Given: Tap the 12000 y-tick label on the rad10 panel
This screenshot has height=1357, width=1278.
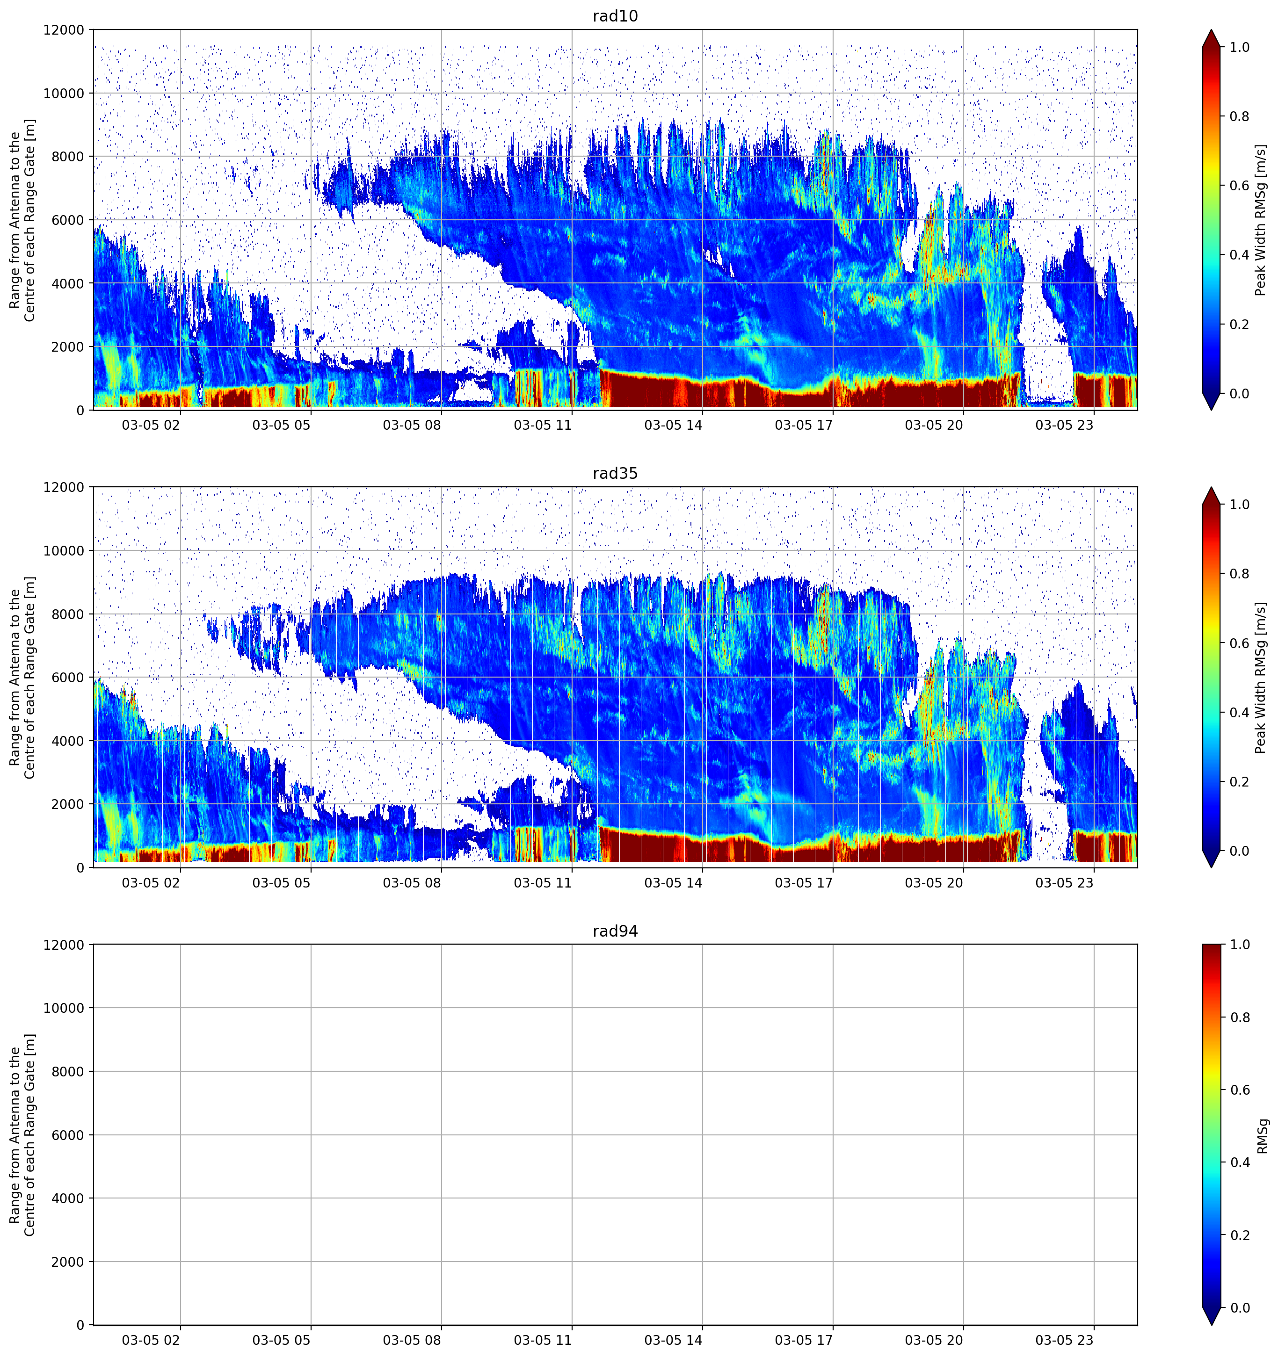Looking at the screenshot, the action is pyautogui.click(x=64, y=30).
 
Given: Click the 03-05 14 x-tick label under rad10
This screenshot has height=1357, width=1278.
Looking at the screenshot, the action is pyautogui.click(x=673, y=425).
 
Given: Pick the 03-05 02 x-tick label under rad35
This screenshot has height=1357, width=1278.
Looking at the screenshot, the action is pyautogui.click(x=151, y=882).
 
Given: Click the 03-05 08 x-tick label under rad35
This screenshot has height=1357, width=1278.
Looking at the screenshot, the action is pyautogui.click(x=412, y=882).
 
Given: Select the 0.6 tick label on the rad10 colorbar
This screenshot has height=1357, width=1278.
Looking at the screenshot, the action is pyautogui.click(x=1239, y=186).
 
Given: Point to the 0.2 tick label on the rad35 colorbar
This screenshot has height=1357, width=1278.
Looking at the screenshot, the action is pyautogui.click(x=1239, y=781).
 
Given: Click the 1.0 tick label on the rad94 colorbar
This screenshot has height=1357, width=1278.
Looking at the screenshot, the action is pyautogui.click(x=1239, y=945).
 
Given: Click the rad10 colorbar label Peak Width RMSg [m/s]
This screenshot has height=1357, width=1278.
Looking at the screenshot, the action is pyautogui.click(x=1260, y=220).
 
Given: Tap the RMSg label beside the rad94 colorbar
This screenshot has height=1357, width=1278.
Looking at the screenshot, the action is pyautogui.click(x=1262, y=1136).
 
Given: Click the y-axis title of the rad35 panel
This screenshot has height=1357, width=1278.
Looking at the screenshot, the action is pyautogui.click(x=22, y=677).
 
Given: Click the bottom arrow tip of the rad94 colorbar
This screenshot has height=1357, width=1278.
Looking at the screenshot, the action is pyautogui.click(x=1211, y=1325).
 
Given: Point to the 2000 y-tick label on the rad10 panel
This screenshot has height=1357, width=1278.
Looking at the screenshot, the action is pyautogui.click(x=68, y=347).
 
